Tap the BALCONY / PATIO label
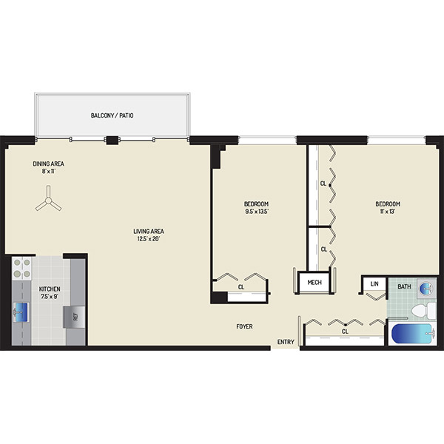112,115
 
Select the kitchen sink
21,312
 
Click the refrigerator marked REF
74,317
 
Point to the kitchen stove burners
21,269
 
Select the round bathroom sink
426,289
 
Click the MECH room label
314,283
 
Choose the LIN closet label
374,283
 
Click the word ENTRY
286,342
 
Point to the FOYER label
244,326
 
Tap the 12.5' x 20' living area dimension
149,239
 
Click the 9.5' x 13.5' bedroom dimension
257,211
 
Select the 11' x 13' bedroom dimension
388,211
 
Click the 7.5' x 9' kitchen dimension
50,297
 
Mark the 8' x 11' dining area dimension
48,171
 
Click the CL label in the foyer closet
345,332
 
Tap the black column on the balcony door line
112,141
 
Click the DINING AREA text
48,164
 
